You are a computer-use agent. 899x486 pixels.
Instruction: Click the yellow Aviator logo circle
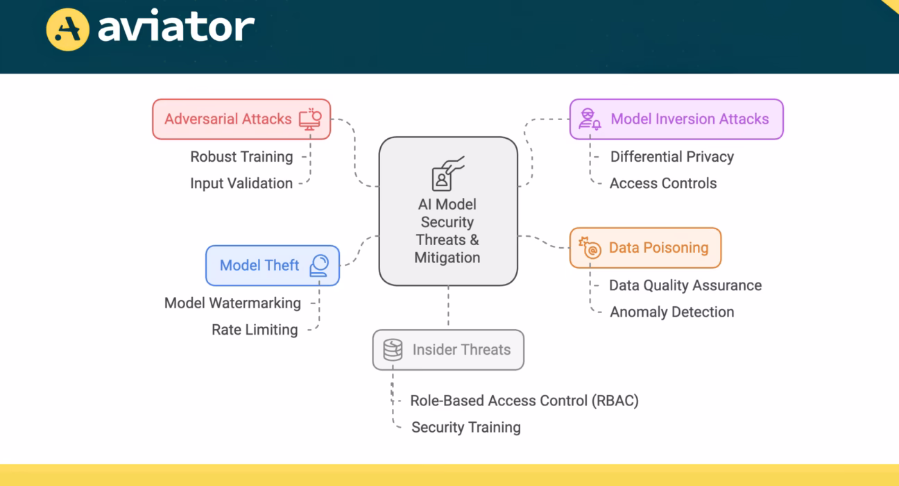[67, 29]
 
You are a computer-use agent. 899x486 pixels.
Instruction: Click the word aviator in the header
[176, 28]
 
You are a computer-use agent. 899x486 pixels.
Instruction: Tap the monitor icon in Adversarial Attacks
[311, 119]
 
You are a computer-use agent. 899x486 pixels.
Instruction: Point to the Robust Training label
[241, 157]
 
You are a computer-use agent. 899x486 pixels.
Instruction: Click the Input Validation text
[241, 183]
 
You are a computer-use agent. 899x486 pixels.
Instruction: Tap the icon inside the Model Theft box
[319, 265]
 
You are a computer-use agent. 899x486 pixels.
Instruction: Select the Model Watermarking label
[232, 303]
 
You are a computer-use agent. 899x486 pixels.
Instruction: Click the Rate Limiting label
[255, 330]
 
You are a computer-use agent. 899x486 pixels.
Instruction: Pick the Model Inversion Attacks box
[676, 119]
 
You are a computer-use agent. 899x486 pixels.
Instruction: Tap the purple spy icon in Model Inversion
[590, 119]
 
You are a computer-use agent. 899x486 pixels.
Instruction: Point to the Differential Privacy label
[671, 157]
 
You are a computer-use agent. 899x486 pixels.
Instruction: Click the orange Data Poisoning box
[645, 248]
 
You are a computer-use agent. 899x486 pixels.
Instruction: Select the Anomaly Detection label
[671, 312]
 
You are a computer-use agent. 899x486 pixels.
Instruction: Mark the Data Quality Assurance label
[685, 285]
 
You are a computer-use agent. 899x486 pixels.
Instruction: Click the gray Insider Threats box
[448, 350]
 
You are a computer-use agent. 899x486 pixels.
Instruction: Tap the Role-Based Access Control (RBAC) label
[524, 401]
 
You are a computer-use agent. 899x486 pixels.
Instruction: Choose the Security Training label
[465, 427]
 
